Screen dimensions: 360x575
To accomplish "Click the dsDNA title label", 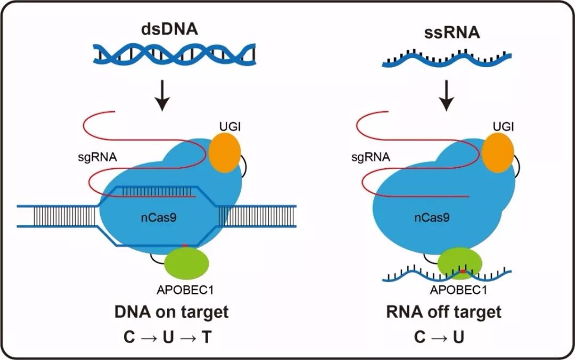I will pos(169,29).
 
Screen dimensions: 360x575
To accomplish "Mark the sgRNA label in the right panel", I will pos(371,158).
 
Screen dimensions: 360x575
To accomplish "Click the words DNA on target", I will pos(171,312).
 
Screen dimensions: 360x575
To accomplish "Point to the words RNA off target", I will pos(443,312).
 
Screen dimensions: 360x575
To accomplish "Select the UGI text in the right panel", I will pos(504,126).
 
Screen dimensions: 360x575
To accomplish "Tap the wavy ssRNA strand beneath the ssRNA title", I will pos(447,59).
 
